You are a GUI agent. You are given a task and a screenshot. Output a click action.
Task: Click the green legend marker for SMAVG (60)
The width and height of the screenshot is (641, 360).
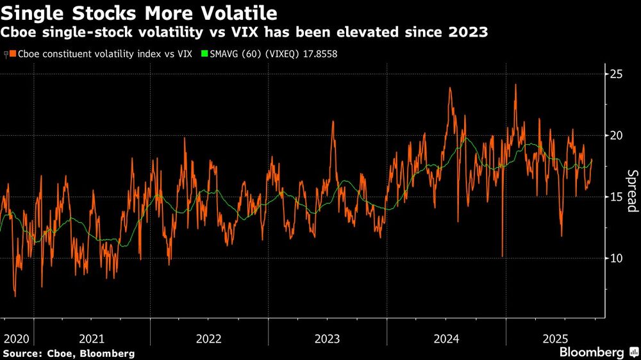click(204, 54)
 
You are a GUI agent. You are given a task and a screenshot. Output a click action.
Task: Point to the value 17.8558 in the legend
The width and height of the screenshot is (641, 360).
click(317, 54)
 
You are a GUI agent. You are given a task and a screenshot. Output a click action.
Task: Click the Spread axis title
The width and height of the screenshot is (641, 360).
click(631, 191)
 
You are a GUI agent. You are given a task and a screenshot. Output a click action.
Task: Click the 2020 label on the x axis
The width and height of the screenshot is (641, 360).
click(15, 338)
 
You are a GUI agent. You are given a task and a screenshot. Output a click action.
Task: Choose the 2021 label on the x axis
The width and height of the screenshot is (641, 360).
click(92, 338)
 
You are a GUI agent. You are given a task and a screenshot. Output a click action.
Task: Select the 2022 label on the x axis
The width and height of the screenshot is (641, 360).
click(210, 338)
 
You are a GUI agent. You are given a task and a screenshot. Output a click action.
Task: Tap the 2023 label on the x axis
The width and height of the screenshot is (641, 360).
click(328, 338)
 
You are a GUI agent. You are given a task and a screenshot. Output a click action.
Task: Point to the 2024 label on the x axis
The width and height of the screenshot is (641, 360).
click(445, 338)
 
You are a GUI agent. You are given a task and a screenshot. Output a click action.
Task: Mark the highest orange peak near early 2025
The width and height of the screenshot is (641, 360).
click(515, 85)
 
